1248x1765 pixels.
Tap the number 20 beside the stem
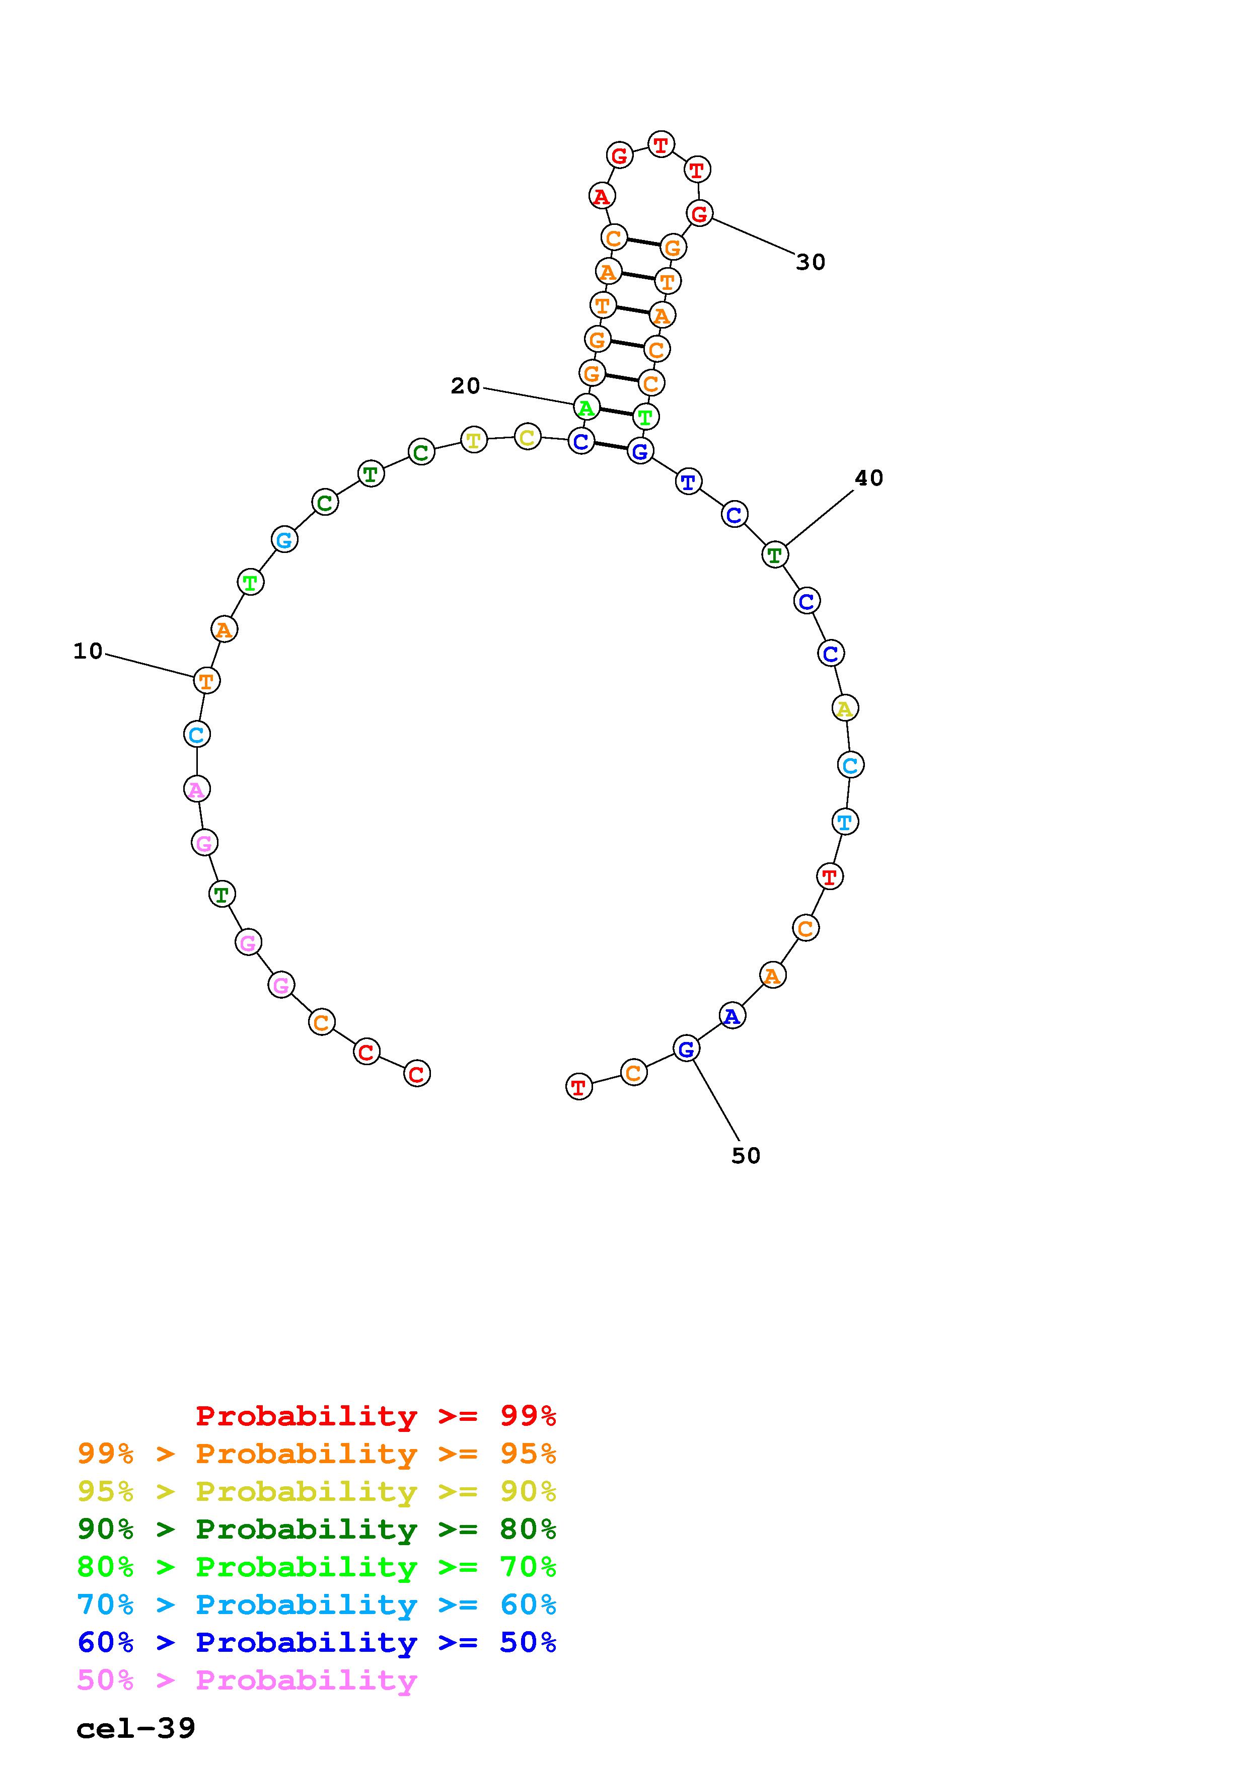tap(465, 386)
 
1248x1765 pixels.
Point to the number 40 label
tap(869, 478)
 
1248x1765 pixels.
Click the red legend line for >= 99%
tap(376, 1416)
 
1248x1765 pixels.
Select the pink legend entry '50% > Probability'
tap(247, 1680)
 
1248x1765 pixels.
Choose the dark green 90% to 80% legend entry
tap(317, 1529)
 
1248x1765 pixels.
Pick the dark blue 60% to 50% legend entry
tap(317, 1643)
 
